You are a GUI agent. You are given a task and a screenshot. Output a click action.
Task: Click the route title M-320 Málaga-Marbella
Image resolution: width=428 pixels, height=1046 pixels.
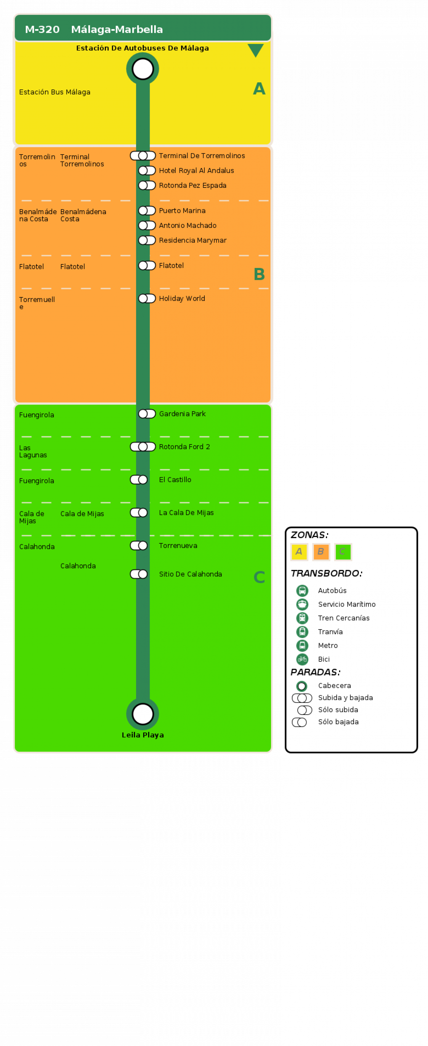[94, 29]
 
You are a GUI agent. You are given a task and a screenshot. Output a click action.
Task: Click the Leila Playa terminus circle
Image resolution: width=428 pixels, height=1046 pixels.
[143, 714]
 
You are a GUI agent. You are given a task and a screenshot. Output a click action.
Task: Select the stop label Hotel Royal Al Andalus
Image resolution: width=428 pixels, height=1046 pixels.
[196, 170]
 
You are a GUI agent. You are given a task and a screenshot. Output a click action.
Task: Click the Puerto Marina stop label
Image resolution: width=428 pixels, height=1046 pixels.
[182, 211]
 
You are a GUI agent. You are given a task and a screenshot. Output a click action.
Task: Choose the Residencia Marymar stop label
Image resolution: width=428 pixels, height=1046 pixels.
[193, 240]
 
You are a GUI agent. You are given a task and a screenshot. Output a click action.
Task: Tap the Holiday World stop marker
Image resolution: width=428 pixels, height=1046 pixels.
[147, 299]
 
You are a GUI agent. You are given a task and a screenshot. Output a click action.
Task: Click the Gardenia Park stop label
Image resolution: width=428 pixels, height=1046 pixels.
[182, 414]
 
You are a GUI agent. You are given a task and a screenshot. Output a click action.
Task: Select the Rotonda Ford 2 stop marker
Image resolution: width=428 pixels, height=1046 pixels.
[143, 447]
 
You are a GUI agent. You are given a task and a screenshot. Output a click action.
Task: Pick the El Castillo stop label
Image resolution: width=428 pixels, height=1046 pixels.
[175, 479]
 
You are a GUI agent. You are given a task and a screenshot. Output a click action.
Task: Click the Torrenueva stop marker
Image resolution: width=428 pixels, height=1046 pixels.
[139, 545]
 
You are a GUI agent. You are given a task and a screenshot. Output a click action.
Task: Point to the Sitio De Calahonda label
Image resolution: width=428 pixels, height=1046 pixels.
[191, 574]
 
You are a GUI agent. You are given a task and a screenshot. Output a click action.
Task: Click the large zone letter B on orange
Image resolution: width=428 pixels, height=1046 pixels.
[259, 274]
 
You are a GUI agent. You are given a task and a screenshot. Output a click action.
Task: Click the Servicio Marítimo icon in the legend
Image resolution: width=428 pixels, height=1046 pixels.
[302, 604]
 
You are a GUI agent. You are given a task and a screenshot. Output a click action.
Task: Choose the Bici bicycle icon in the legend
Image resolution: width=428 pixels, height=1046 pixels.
[302, 659]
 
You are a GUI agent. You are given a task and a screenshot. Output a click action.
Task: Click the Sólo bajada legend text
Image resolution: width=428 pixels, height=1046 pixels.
[338, 722]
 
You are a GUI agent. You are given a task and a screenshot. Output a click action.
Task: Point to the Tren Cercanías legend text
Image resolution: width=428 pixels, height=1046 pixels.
[344, 618]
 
